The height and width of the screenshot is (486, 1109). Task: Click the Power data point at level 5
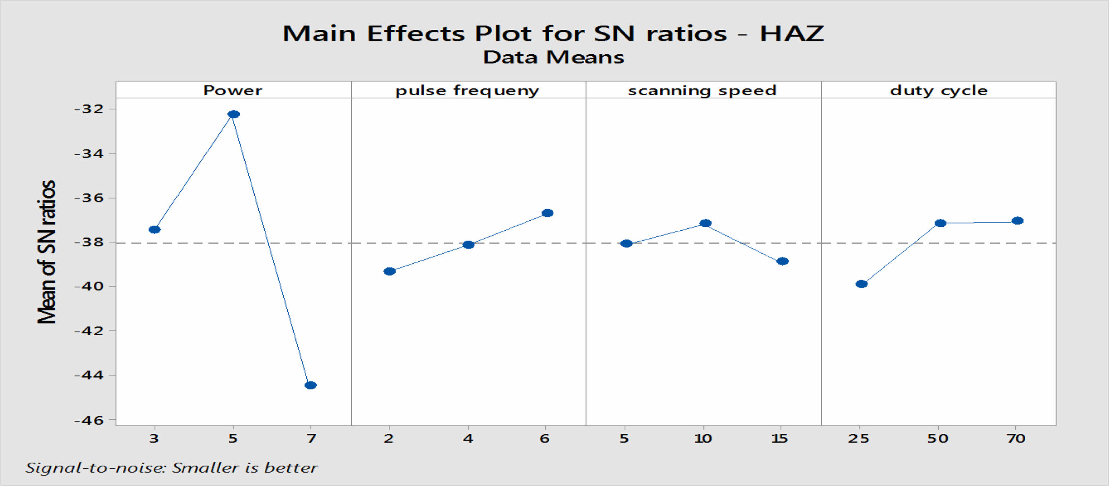click(233, 114)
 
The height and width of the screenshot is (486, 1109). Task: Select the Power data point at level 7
click(310, 385)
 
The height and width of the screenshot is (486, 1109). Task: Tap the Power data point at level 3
click(155, 229)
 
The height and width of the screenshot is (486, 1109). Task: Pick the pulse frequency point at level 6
click(547, 213)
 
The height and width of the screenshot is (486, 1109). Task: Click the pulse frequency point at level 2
click(390, 271)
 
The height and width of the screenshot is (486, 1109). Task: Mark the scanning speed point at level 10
click(705, 223)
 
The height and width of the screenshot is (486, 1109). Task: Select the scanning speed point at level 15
click(782, 261)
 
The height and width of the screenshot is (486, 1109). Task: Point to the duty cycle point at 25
click(862, 283)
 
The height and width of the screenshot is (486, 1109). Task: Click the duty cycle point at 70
click(1017, 221)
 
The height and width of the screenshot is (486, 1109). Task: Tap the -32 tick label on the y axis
click(89, 109)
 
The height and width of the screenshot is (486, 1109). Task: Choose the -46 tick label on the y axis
click(89, 420)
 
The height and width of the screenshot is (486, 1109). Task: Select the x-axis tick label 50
click(938, 439)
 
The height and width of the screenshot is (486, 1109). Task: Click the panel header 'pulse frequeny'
click(467, 90)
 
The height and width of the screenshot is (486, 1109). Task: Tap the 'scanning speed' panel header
click(702, 90)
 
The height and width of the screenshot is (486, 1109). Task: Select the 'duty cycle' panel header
click(938, 90)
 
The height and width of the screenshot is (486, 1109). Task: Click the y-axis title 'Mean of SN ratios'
click(47, 252)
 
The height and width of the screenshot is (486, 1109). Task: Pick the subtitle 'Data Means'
click(554, 57)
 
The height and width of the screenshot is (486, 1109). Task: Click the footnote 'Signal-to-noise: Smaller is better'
click(171, 468)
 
